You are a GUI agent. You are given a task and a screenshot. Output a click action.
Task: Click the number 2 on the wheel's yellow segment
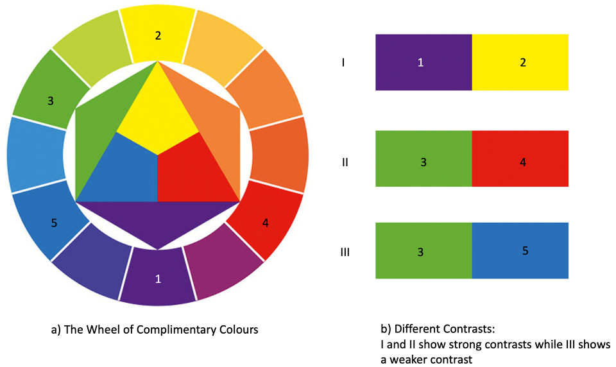coord(158,35)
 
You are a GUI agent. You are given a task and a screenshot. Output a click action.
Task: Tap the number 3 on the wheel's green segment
coord(50,100)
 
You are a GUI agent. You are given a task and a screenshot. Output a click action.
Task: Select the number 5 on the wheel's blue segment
coord(54,223)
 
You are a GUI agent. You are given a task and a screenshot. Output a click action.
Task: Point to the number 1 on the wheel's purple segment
coord(158,278)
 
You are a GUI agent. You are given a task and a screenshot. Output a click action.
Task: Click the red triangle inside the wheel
coord(196,173)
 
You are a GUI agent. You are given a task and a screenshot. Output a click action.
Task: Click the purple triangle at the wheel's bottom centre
coord(158,221)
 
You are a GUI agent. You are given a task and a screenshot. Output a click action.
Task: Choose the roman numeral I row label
coord(344,63)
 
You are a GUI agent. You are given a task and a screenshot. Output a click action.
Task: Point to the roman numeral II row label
coord(345,162)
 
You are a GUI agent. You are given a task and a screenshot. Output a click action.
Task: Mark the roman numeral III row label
coord(345,252)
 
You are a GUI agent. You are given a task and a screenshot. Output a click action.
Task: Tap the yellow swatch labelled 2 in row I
coord(520,62)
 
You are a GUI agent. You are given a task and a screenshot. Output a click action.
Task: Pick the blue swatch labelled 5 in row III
coord(520,251)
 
